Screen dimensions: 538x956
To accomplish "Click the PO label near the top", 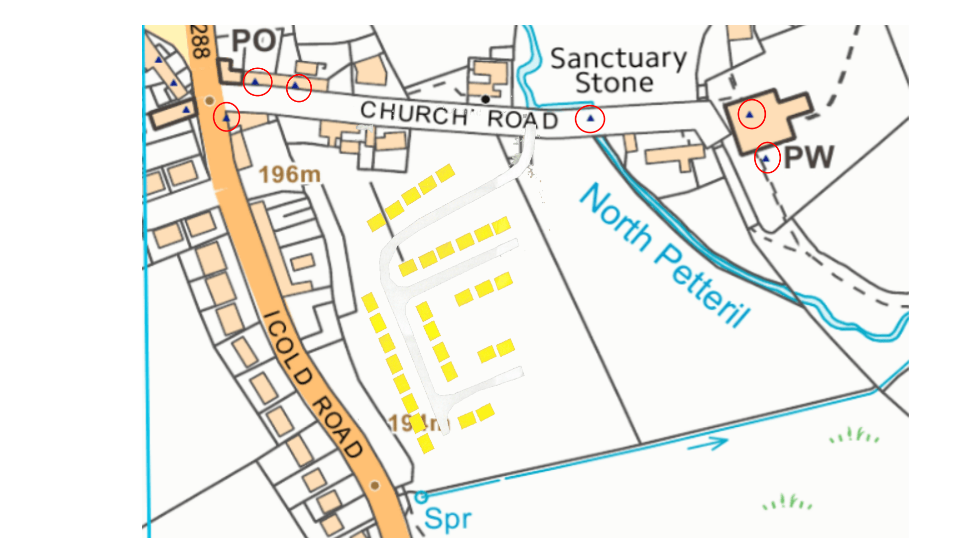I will (254, 41).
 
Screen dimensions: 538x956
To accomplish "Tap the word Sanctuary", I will (618, 59).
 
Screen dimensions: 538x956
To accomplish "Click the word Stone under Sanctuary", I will (614, 83).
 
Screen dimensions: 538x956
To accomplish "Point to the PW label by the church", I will (809, 157).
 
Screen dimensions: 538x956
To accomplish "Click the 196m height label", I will (290, 175).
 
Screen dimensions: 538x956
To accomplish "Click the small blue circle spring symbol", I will (421, 497).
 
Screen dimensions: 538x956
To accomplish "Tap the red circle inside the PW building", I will (751, 114).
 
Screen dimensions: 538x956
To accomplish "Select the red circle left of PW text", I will (767, 158).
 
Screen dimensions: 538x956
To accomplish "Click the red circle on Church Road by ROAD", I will (590, 119).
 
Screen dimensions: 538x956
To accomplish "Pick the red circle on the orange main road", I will (227, 117).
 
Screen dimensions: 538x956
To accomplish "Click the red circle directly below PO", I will (257, 82).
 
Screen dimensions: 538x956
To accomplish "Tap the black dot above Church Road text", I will (485, 99).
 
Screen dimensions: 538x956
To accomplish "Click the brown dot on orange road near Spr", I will (375, 485).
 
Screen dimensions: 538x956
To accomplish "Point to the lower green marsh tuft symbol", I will (787, 503).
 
